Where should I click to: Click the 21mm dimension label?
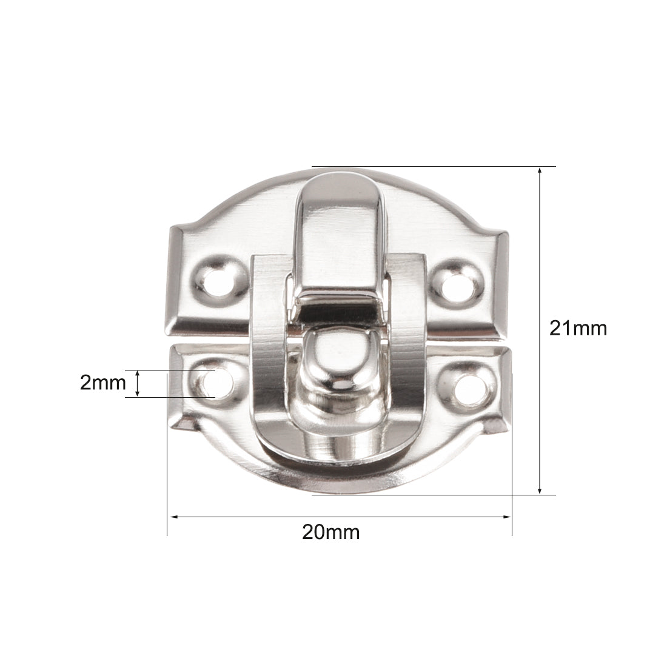click(578, 329)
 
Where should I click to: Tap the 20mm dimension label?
click(331, 532)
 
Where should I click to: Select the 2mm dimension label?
click(103, 383)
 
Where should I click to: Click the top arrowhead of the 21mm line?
click(540, 170)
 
